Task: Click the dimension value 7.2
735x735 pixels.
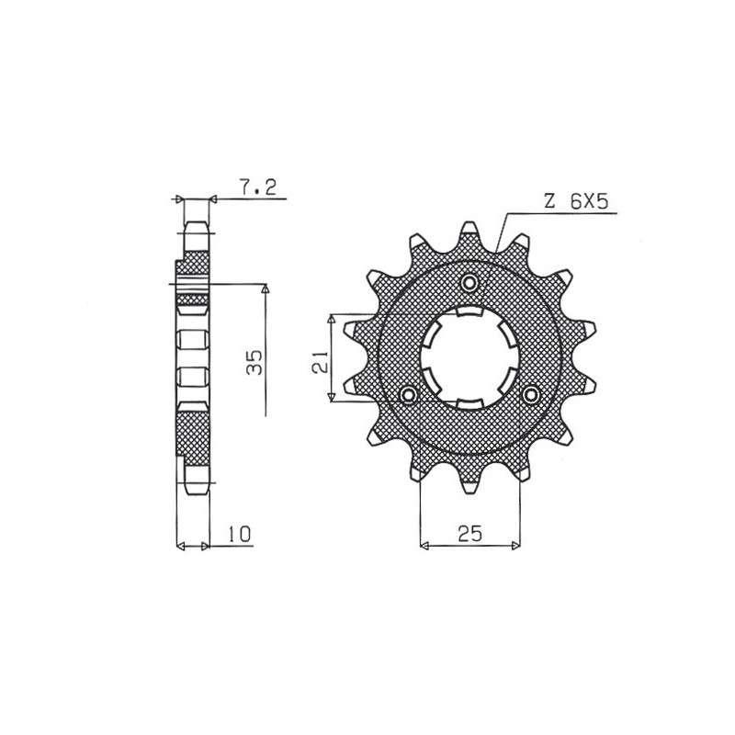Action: click(x=253, y=187)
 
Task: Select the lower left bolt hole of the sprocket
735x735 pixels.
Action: click(x=410, y=394)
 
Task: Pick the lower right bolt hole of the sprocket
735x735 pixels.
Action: click(x=530, y=394)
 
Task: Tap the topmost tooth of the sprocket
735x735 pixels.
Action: click(x=469, y=230)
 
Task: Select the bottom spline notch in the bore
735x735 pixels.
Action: click(x=469, y=405)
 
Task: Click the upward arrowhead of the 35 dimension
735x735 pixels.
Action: click(x=266, y=290)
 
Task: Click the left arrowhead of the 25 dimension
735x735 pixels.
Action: click(x=424, y=546)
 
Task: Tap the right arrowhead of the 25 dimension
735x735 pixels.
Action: click(x=515, y=546)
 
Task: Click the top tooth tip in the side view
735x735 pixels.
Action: click(x=198, y=228)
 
